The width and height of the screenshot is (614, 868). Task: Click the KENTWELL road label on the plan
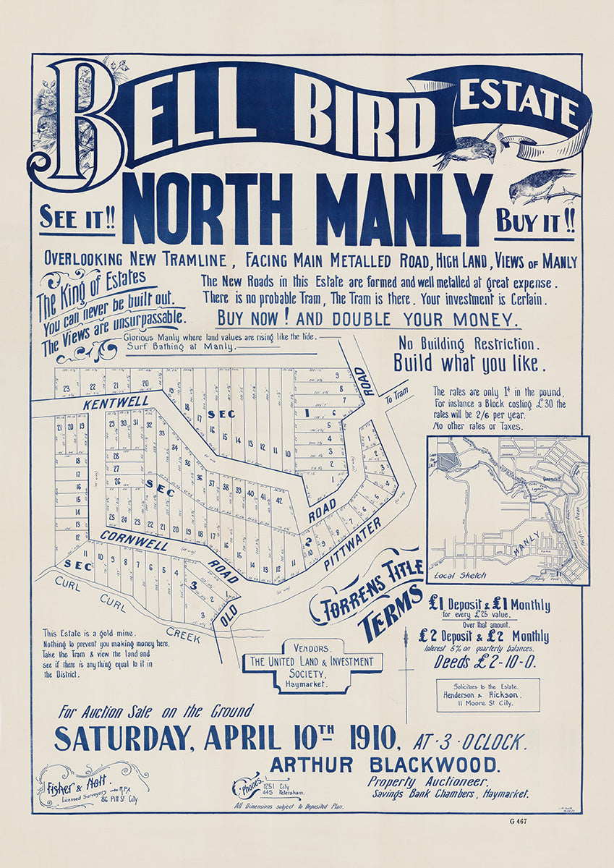(116, 402)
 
